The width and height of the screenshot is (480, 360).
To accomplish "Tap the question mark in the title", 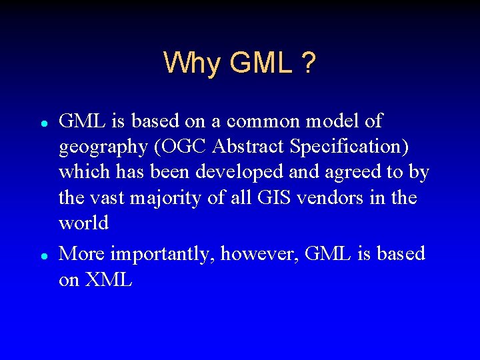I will [x=307, y=64].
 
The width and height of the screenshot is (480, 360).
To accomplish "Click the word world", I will [x=83, y=223].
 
